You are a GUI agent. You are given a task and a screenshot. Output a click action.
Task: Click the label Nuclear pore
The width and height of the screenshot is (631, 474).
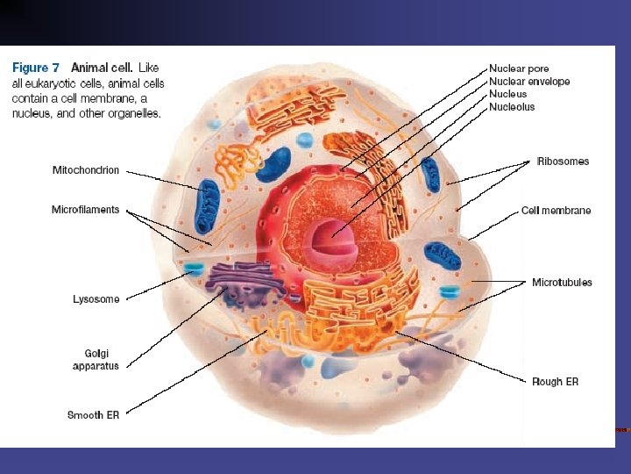click(x=520, y=68)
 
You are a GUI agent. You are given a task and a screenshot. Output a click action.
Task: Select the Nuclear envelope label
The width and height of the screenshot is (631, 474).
click(x=529, y=82)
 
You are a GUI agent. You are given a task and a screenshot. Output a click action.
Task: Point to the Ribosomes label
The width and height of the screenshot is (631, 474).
click(x=563, y=162)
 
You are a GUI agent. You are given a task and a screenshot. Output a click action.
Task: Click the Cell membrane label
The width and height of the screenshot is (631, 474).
click(x=556, y=211)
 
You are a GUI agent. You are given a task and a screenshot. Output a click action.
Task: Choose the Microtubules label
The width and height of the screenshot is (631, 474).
click(x=562, y=283)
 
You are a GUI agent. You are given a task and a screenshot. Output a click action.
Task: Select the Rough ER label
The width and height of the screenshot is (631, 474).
click(x=555, y=382)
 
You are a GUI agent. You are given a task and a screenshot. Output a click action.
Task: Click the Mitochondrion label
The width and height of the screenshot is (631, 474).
click(x=86, y=170)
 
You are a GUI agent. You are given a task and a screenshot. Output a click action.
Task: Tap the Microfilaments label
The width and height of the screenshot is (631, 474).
click(x=85, y=210)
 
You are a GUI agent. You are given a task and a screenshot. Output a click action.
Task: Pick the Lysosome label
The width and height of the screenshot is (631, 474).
click(x=96, y=299)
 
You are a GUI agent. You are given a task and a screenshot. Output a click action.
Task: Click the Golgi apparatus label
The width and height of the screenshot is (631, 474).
click(x=96, y=360)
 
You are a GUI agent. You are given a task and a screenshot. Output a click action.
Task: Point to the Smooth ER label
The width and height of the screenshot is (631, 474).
click(x=93, y=415)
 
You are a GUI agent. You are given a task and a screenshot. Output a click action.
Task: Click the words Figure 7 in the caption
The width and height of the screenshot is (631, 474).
click(x=36, y=67)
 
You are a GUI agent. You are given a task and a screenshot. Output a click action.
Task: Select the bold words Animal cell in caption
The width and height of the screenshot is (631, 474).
click(x=103, y=67)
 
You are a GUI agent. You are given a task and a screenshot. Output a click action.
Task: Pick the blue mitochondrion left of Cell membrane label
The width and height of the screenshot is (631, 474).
click(x=443, y=255)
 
